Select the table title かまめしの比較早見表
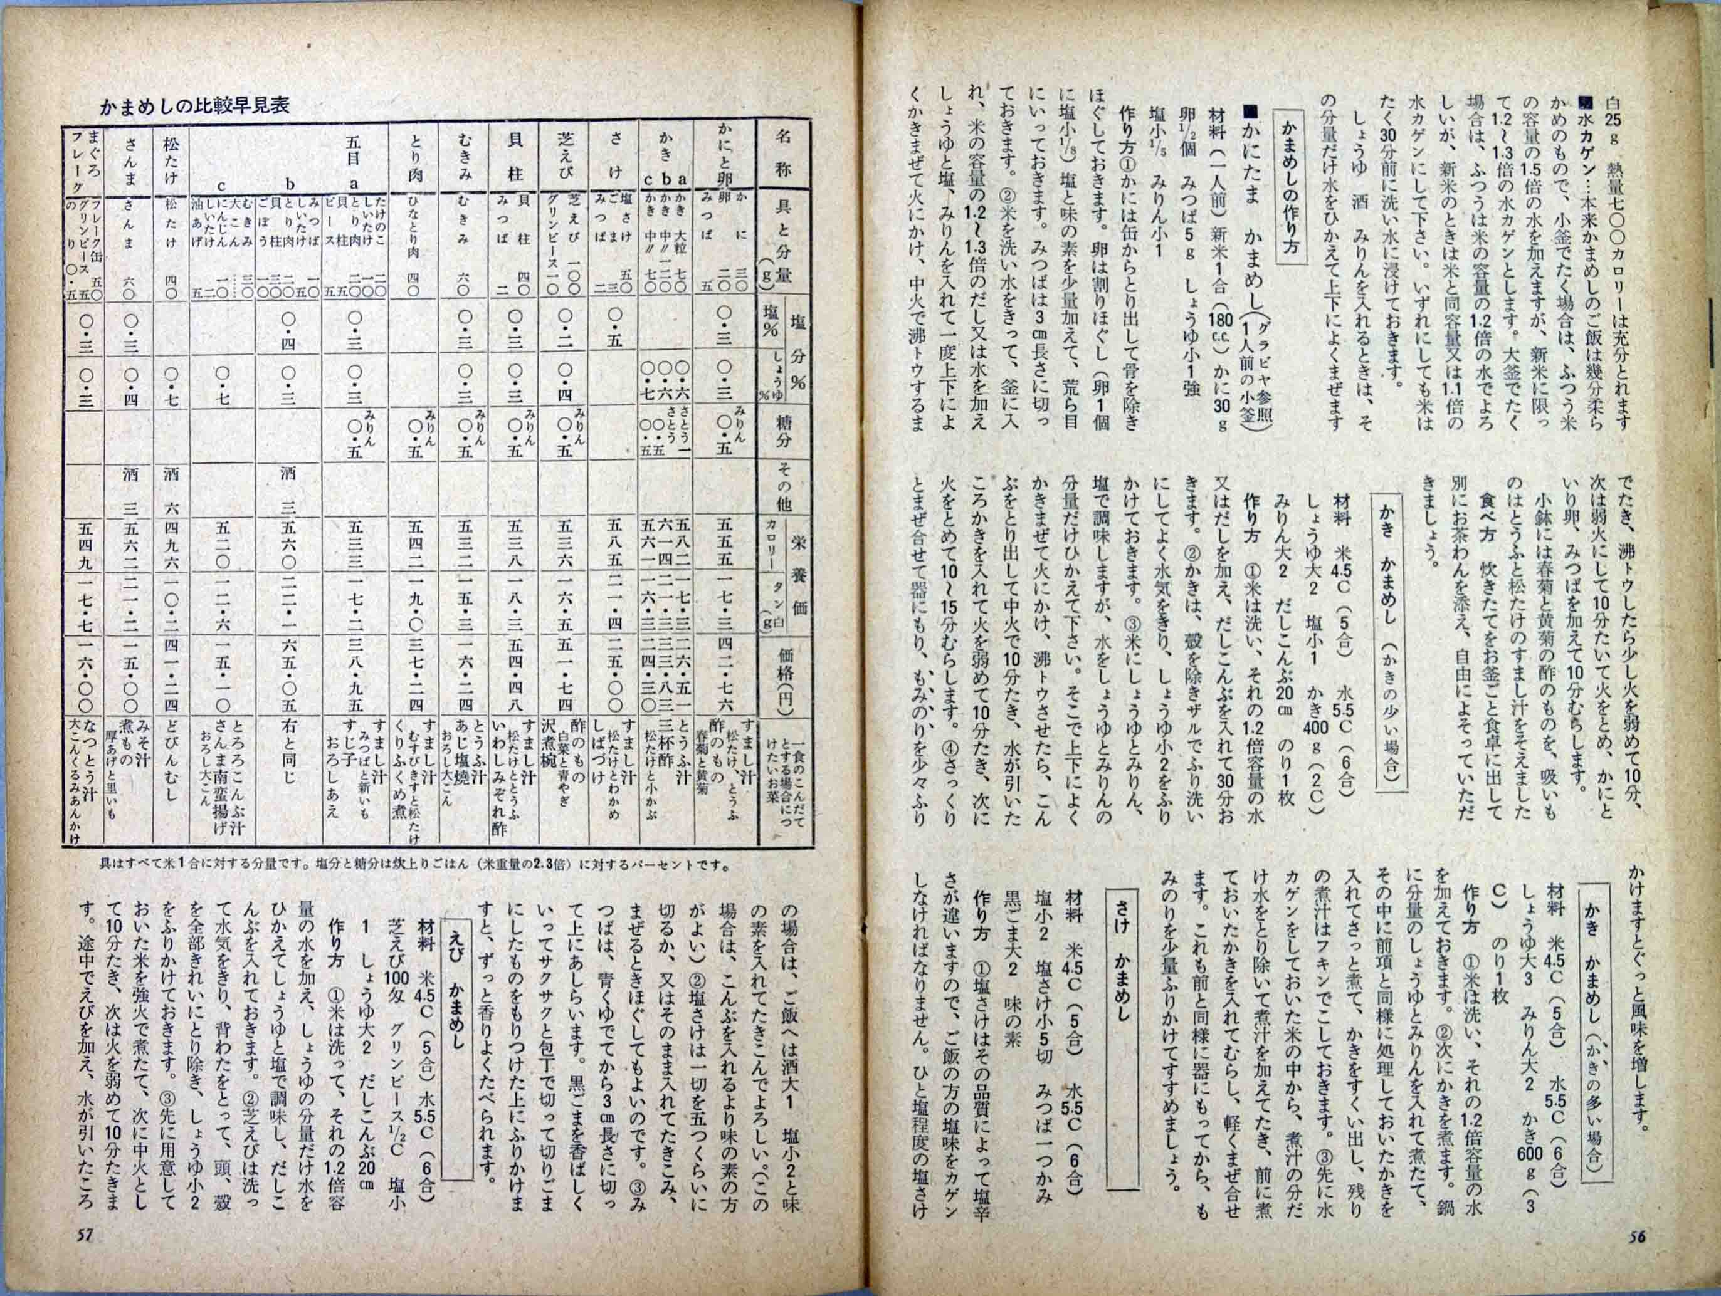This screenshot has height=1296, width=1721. click(194, 105)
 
